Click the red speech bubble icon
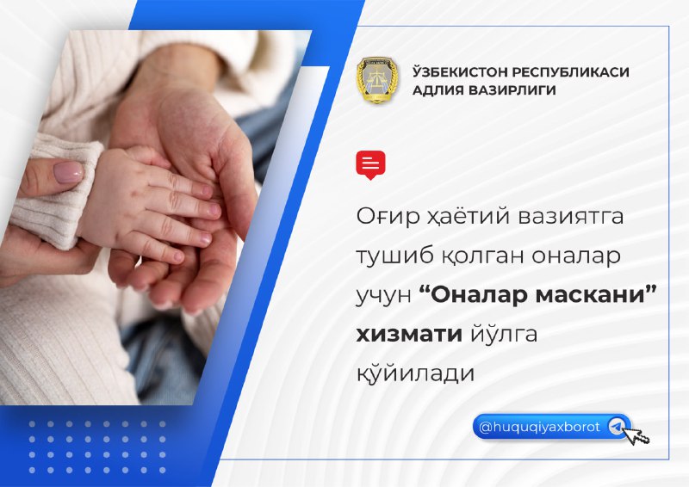point(370,165)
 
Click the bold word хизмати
point(408,334)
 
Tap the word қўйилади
point(415,373)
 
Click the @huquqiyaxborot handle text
point(539,427)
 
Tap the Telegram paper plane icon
point(616,427)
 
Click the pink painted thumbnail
point(68,172)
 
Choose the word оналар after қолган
point(576,256)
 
